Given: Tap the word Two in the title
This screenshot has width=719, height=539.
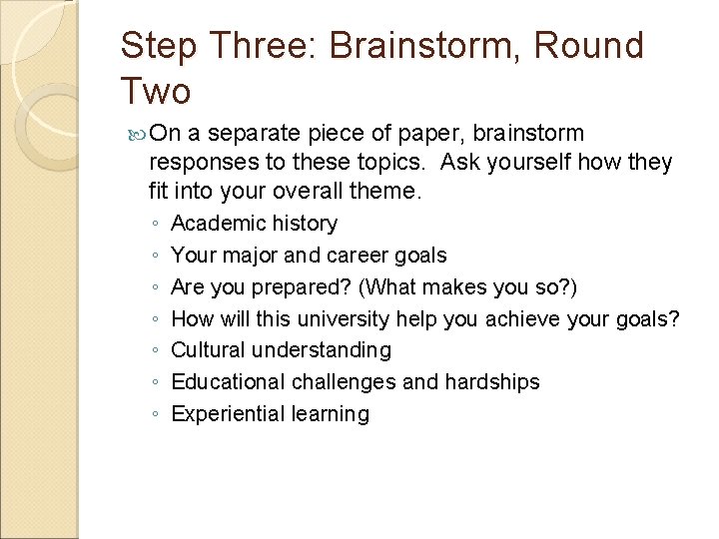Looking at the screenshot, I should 155,92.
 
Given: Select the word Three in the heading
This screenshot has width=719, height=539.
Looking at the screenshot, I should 267,46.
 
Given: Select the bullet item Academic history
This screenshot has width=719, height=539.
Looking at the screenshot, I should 254,224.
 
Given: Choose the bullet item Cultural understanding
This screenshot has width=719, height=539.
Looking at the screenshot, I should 281,350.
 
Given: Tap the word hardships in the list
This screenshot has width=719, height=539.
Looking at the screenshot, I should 490,382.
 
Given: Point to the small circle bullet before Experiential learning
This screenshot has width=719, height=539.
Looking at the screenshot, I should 155,416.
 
